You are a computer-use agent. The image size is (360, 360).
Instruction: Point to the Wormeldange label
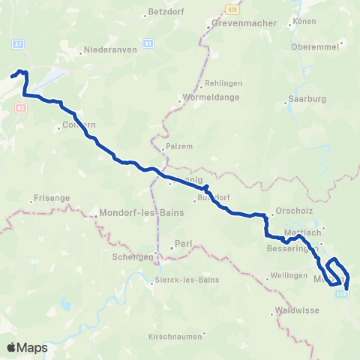click(x=204, y=97)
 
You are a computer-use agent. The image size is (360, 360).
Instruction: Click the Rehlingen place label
click(x=224, y=82)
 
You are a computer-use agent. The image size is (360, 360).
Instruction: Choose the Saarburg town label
click(x=304, y=99)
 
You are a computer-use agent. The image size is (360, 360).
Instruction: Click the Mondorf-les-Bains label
click(x=141, y=212)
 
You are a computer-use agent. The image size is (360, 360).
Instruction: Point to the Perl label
click(x=183, y=244)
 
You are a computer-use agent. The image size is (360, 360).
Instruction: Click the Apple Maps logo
click(x=27, y=347)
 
